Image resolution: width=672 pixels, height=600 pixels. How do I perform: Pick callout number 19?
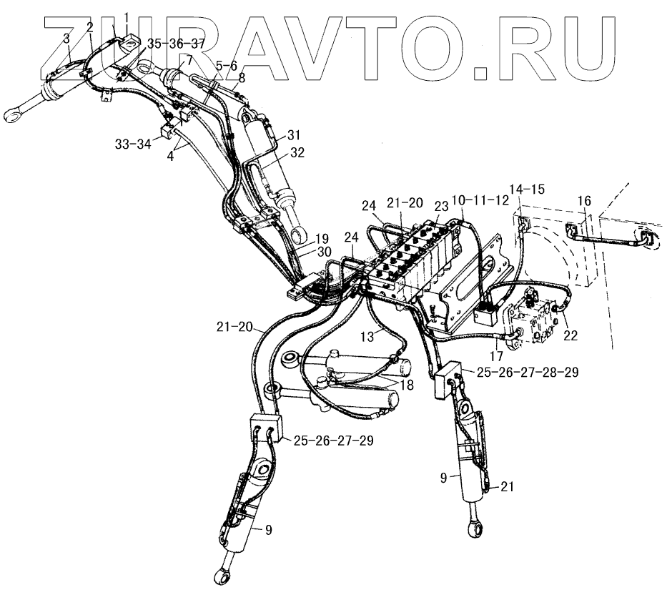click(x=322, y=238)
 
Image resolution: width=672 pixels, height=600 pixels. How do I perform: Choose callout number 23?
click(x=441, y=205)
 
